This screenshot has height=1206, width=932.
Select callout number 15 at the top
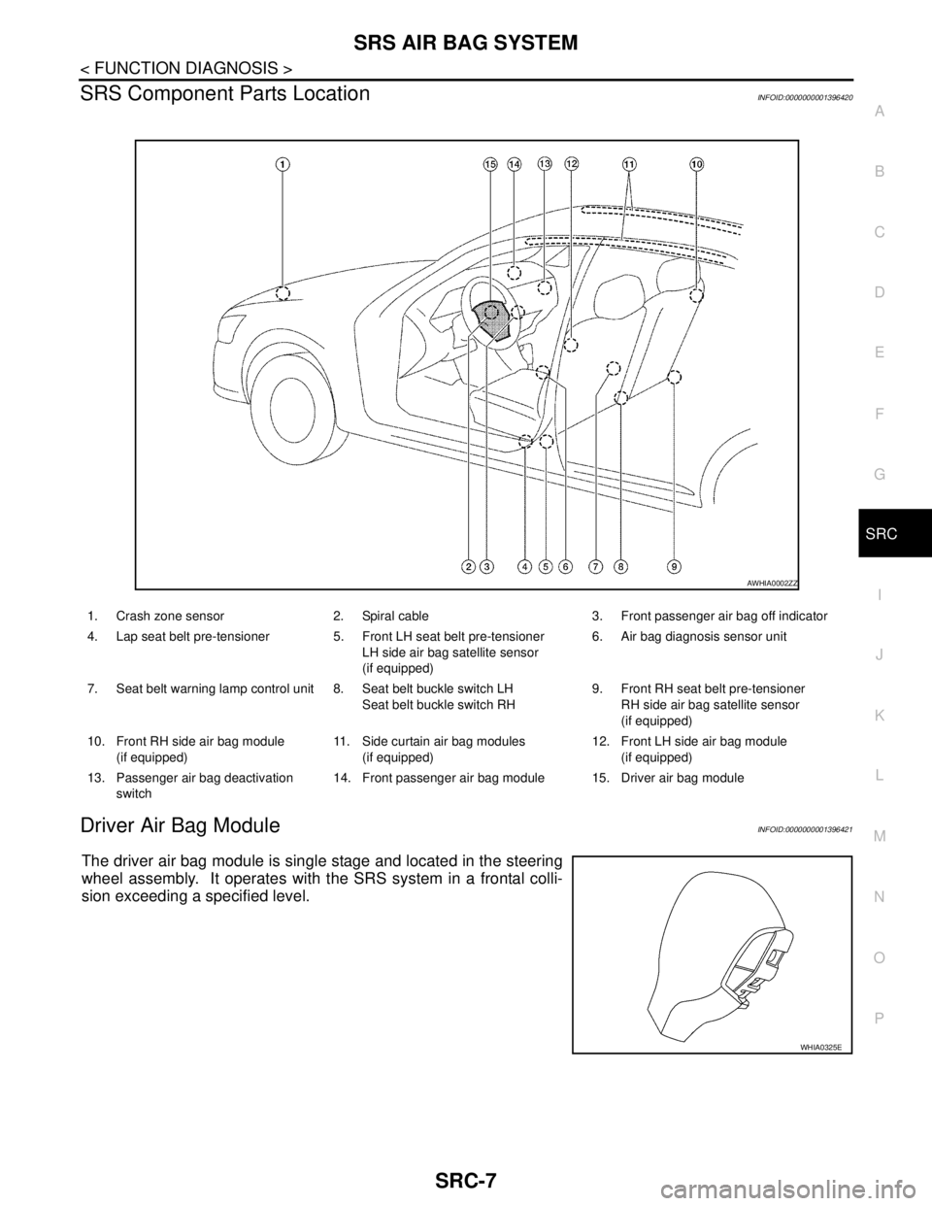pos(489,164)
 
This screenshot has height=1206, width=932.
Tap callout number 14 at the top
pos(514,164)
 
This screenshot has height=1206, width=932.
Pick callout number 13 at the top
pos(544,164)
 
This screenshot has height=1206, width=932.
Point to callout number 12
pos(571,164)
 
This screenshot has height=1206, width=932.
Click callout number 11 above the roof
pos(630,164)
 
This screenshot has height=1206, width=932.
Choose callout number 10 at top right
pos(697,164)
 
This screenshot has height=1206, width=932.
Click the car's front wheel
pos(292,408)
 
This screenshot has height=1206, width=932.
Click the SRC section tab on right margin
pos(878,534)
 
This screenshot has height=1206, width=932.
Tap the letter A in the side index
pos(878,112)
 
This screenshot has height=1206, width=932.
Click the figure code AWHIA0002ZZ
pos(772,582)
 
